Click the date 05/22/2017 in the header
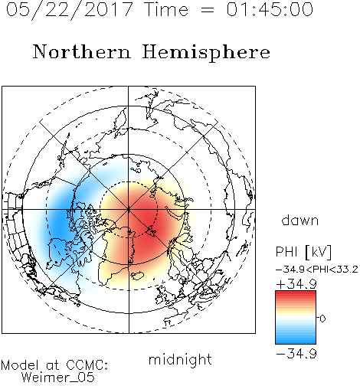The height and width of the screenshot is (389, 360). point(69,10)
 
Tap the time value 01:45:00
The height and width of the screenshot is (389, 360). point(270,9)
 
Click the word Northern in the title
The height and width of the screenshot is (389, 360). point(82,51)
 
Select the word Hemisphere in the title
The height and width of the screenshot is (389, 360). point(206,53)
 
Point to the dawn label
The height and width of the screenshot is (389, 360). point(300,220)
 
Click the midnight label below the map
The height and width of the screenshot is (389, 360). point(180,360)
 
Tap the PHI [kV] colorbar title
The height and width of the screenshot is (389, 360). point(303,252)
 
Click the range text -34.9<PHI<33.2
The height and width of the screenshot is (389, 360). point(317,270)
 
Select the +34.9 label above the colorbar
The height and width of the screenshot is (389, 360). point(296,284)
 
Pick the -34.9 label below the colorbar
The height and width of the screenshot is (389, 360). point(296,354)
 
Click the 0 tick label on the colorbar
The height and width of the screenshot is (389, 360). point(322,319)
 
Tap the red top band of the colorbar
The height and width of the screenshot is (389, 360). point(296,294)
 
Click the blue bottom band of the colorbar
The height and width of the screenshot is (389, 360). point(296,341)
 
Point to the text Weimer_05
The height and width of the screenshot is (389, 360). point(58,378)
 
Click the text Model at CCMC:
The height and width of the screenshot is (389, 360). point(54,365)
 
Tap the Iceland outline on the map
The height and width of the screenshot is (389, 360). point(137,276)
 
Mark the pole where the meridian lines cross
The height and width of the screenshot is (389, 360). point(129,209)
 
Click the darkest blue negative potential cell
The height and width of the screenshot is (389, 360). point(61,221)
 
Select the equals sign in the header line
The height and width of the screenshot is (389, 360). point(207,10)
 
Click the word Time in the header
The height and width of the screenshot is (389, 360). point(166,9)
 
